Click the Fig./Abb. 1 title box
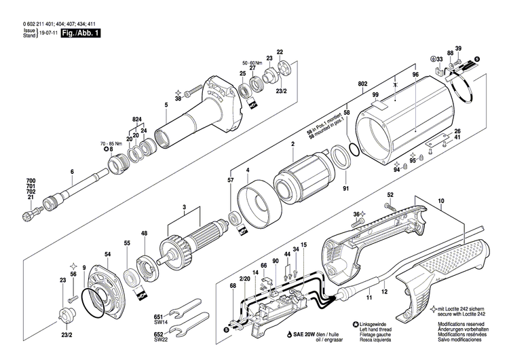(79, 33)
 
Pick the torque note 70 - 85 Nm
(111, 144)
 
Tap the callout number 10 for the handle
(440, 200)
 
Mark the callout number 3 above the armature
(183, 207)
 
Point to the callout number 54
(107, 255)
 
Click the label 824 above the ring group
(138, 120)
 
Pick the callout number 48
(144, 234)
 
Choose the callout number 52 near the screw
(390, 196)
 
